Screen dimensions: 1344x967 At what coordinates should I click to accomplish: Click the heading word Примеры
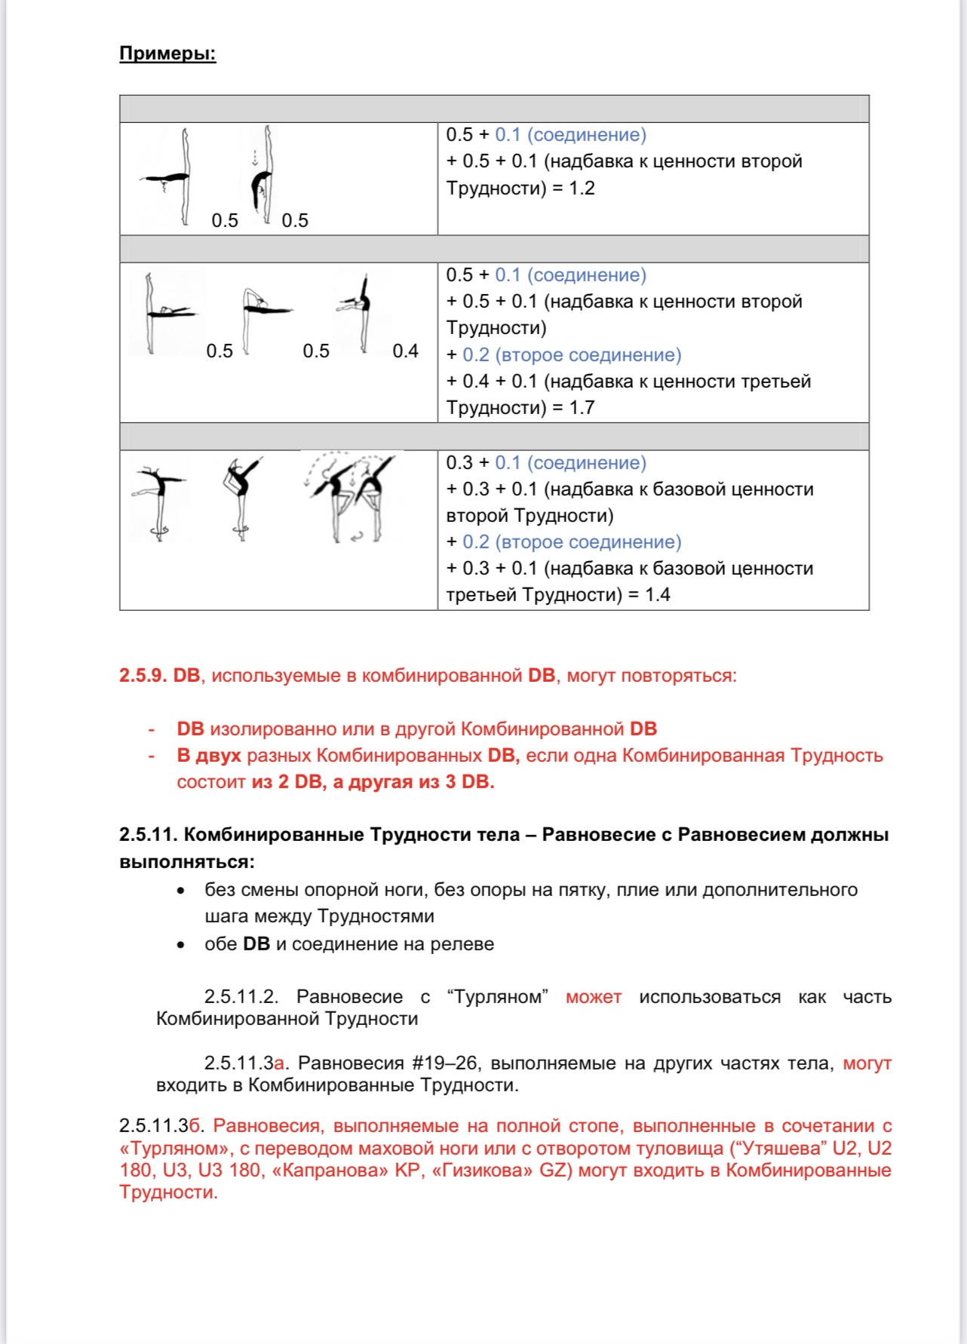point(167,54)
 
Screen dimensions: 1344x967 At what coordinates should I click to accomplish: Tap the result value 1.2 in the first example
point(582,188)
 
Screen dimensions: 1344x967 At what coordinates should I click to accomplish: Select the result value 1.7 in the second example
point(582,407)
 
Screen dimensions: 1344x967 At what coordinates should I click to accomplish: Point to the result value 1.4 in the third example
point(657,594)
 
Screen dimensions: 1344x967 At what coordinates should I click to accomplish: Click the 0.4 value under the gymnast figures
point(405,351)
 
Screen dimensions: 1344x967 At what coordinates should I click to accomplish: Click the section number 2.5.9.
point(143,675)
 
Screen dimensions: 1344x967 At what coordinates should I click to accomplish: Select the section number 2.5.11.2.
point(241,996)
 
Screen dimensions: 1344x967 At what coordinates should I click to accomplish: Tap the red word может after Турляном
point(593,996)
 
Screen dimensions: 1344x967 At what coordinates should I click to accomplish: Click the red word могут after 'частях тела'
point(867,1063)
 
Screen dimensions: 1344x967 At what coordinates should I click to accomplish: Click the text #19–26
point(445,1063)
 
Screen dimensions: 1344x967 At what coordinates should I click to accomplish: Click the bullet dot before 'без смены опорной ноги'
point(180,890)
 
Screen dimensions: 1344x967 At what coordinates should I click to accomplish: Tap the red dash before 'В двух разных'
point(152,755)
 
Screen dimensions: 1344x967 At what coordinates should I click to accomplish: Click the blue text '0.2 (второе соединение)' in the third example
point(572,542)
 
